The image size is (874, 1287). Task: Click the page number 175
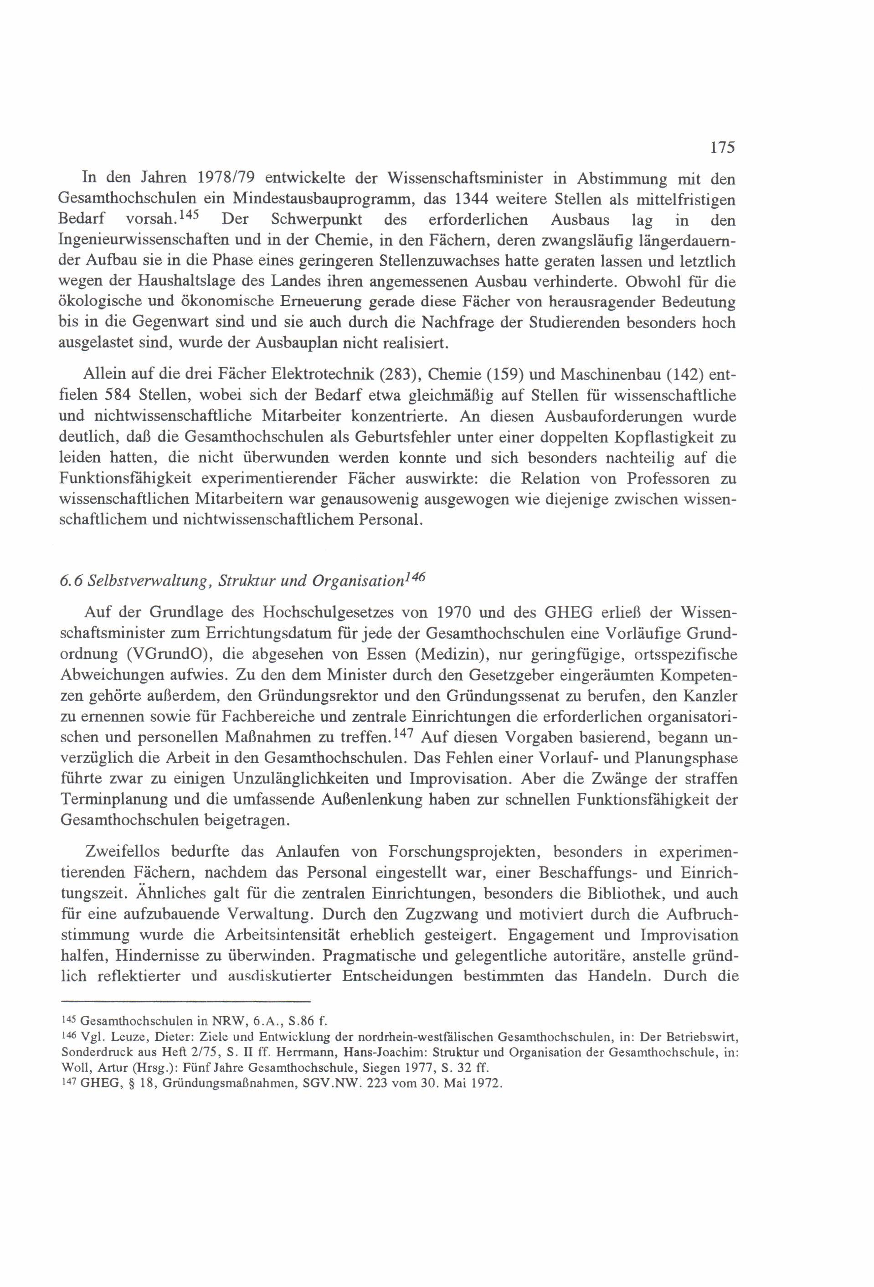tap(722, 147)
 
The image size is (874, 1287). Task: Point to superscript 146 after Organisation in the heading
tap(415, 577)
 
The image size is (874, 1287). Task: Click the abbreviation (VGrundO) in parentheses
tap(167, 655)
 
